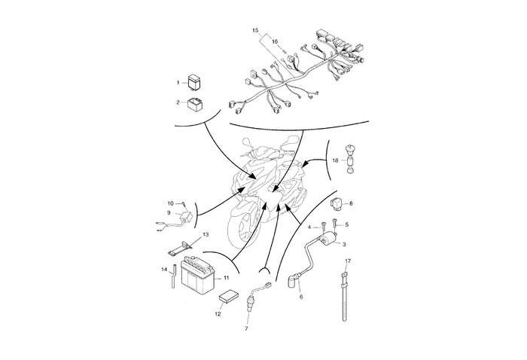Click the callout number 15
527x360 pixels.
pyautogui.click(x=255, y=29)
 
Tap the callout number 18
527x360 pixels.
pyautogui.click(x=335, y=161)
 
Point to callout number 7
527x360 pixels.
pyautogui.click(x=245, y=328)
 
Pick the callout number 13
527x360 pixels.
pyautogui.click(x=206, y=234)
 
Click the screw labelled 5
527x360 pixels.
pyautogui.click(x=335, y=225)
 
